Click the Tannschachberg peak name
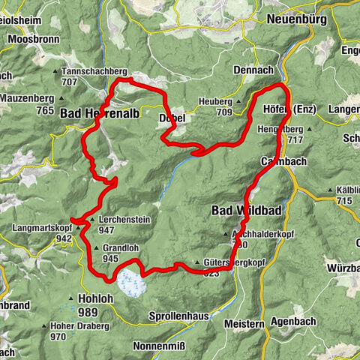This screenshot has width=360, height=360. click(x=94, y=71)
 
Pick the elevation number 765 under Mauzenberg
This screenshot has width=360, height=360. click(x=44, y=110)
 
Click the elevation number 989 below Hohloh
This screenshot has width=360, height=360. click(x=88, y=311)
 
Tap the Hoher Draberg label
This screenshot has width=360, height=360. click(x=79, y=327)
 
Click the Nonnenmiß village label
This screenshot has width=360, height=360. click(x=155, y=346)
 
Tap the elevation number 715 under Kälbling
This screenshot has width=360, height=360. click(x=344, y=201)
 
